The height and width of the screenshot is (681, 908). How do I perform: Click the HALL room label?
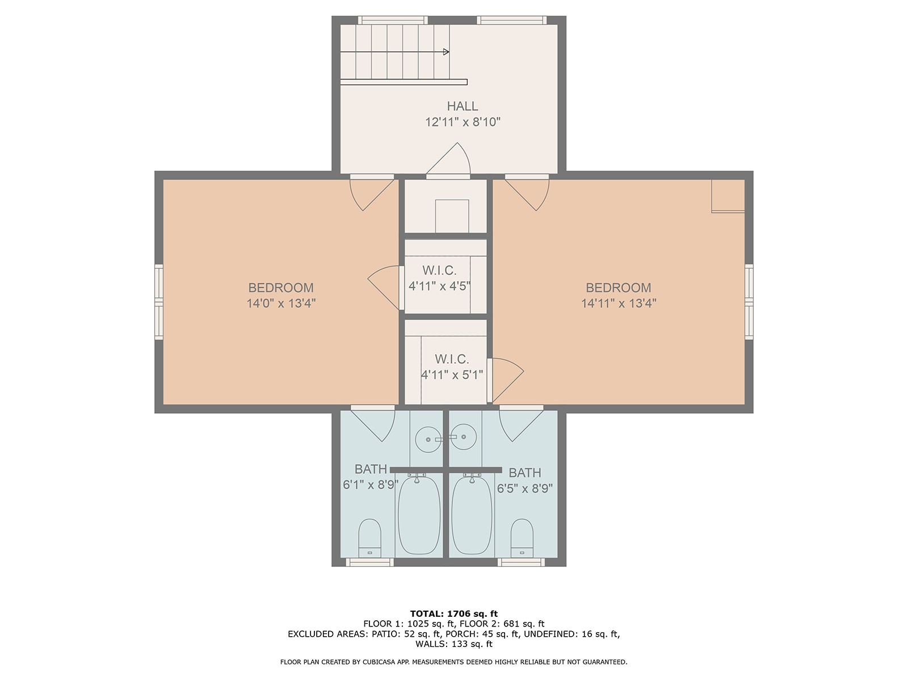[x=462, y=106]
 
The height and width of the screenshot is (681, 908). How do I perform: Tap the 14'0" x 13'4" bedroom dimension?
[x=281, y=304]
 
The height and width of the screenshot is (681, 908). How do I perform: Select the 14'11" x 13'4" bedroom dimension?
[x=619, y=304]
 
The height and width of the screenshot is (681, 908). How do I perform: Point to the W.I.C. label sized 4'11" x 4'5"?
[x=439, y=271]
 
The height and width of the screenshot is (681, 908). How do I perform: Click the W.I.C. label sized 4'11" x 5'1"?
[x=452, y=359]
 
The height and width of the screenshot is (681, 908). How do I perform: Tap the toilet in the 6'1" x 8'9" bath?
[x=369, y=539]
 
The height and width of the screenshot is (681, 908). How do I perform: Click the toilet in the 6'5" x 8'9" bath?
[x=522, y=539]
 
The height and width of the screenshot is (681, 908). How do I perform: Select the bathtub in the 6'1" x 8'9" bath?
[x=419, y=515]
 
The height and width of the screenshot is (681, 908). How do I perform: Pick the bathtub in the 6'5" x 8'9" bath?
[x=472, y=515]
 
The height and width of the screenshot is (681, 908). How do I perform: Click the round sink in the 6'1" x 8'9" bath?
[x=428, y=439]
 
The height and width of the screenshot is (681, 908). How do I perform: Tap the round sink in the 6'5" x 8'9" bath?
[x=464, y=436]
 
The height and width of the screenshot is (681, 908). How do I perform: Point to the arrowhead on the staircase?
[x=447, y=52]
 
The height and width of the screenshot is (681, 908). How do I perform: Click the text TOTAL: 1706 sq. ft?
[x=454, y=613]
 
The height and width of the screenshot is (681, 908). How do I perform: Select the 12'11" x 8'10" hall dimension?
[x=463, y=123]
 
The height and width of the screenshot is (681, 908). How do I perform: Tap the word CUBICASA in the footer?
[x=378, y=662]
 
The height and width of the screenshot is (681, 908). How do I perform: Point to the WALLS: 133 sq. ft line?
[x=454, y=644]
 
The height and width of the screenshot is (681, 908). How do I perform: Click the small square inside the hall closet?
[x=452, y=216]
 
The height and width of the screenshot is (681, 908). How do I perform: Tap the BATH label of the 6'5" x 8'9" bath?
[x=524, y=473]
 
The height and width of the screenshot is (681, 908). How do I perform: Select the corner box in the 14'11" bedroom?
[x=728, y=196]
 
